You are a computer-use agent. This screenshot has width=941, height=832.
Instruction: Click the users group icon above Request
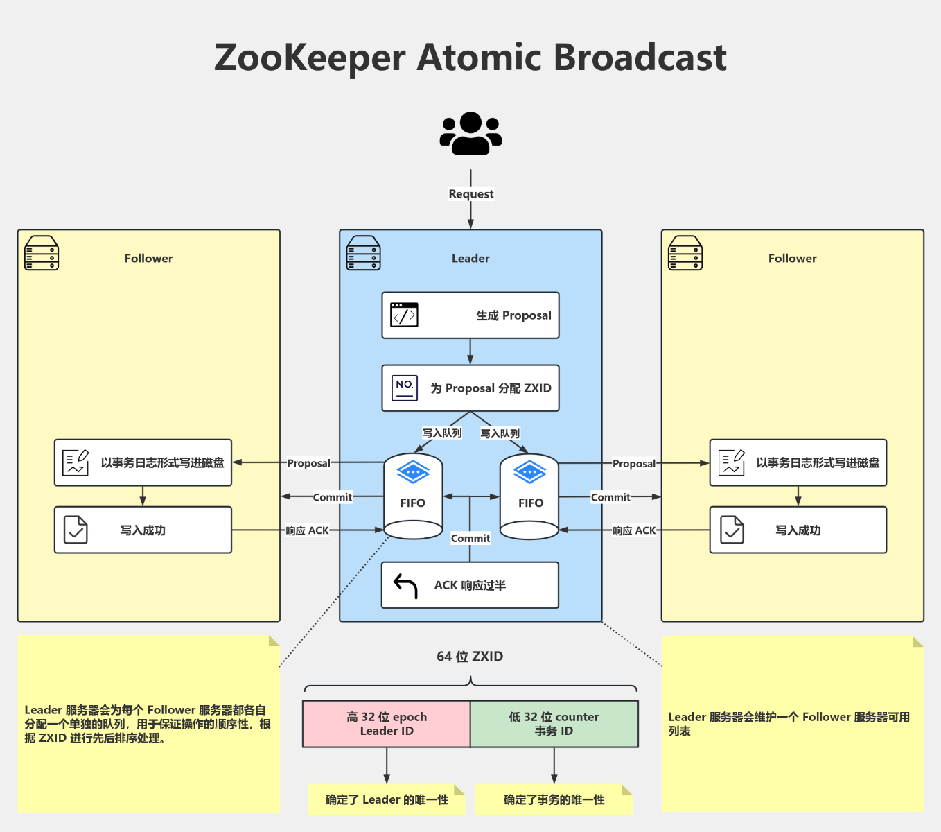[470, 133]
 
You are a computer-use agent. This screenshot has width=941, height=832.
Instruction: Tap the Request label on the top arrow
[470, 194]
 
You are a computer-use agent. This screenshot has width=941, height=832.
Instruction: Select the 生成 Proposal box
[470, 315]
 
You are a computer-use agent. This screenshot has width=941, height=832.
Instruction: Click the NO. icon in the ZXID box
[405, 388]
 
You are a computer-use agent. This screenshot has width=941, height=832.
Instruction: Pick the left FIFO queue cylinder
[413, 496]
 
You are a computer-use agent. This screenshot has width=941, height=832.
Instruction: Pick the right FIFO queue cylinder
[529, 496]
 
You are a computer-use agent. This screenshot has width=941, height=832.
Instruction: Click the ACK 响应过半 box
[470, 585]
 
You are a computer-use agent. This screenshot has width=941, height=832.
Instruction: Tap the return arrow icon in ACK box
[405, 585]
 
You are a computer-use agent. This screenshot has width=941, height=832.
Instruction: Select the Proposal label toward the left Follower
[308, 463]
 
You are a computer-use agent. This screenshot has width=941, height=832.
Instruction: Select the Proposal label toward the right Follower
[633, 464]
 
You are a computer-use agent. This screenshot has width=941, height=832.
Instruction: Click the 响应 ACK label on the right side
[633, 530]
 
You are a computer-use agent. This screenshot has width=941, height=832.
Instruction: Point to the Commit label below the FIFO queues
[470, 539]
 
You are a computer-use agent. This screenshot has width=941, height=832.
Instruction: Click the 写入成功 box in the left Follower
[143, 530]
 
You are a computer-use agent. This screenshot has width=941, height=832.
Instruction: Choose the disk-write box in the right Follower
[798, 462]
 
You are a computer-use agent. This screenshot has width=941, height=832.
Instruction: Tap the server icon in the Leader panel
[363, 253]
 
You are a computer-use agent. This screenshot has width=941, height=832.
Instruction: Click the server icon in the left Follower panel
[42, 253]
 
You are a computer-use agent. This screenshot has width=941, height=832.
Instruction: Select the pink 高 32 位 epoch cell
[387, 724]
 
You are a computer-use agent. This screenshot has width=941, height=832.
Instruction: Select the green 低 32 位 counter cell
[554, 724]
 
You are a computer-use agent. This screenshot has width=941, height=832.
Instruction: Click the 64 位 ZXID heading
[470, 657]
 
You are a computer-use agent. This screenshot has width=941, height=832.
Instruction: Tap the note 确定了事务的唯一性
[554, 800]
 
